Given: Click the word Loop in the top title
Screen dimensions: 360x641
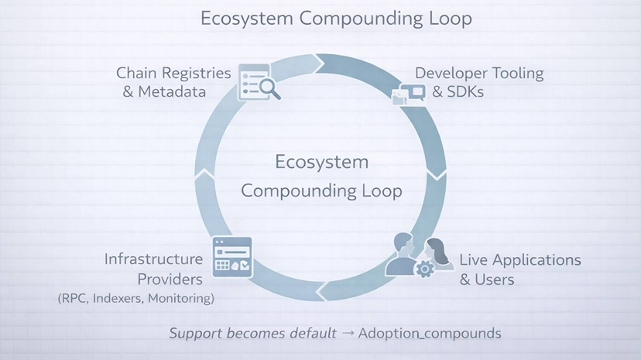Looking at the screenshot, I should click(450, 19).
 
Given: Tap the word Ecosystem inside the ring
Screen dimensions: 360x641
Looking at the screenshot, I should click(321, 163).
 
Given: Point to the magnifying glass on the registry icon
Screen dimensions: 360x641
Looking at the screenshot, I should click(269, 89).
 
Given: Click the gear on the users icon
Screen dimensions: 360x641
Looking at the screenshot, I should click(423, 269).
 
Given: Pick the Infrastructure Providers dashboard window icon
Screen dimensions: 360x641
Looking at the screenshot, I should click(232, 256).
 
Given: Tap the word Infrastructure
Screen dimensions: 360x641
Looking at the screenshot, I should click(153, 259).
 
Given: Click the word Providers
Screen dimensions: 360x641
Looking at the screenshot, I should click(170, 278).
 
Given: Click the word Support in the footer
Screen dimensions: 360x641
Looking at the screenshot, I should click(197, 334).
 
